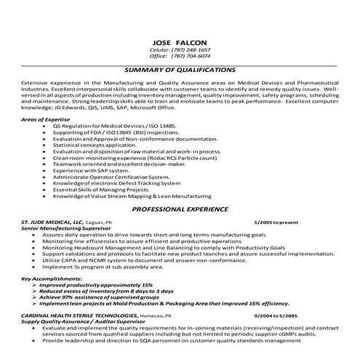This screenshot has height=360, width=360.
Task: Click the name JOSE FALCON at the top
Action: point(180,41)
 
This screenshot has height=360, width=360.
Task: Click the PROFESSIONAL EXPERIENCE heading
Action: point(180,209)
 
